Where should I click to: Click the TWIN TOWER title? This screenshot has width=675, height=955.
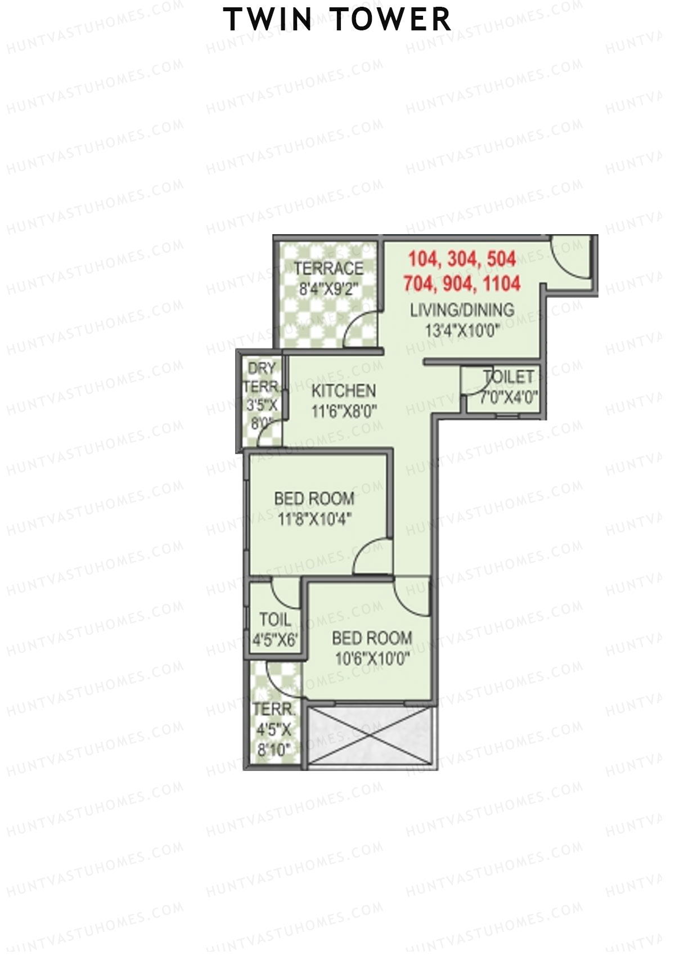pos(337,20)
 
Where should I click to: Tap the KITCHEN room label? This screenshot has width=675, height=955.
pos(343,391)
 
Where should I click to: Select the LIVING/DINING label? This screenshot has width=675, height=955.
pos(462,310)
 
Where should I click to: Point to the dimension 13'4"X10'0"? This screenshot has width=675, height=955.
pos(462,330)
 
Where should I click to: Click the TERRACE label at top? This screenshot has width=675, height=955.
pos(328,268)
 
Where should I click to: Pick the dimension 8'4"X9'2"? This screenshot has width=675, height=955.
pos(328,289)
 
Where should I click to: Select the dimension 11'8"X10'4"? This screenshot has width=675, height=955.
pos(314,518)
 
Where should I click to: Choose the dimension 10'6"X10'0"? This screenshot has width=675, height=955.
pos(372,658)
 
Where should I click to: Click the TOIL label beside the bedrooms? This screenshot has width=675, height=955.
pos(275,620)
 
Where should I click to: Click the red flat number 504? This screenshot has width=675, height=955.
pos(501,259)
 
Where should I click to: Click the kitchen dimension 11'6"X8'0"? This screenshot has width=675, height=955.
pos(343,411)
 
